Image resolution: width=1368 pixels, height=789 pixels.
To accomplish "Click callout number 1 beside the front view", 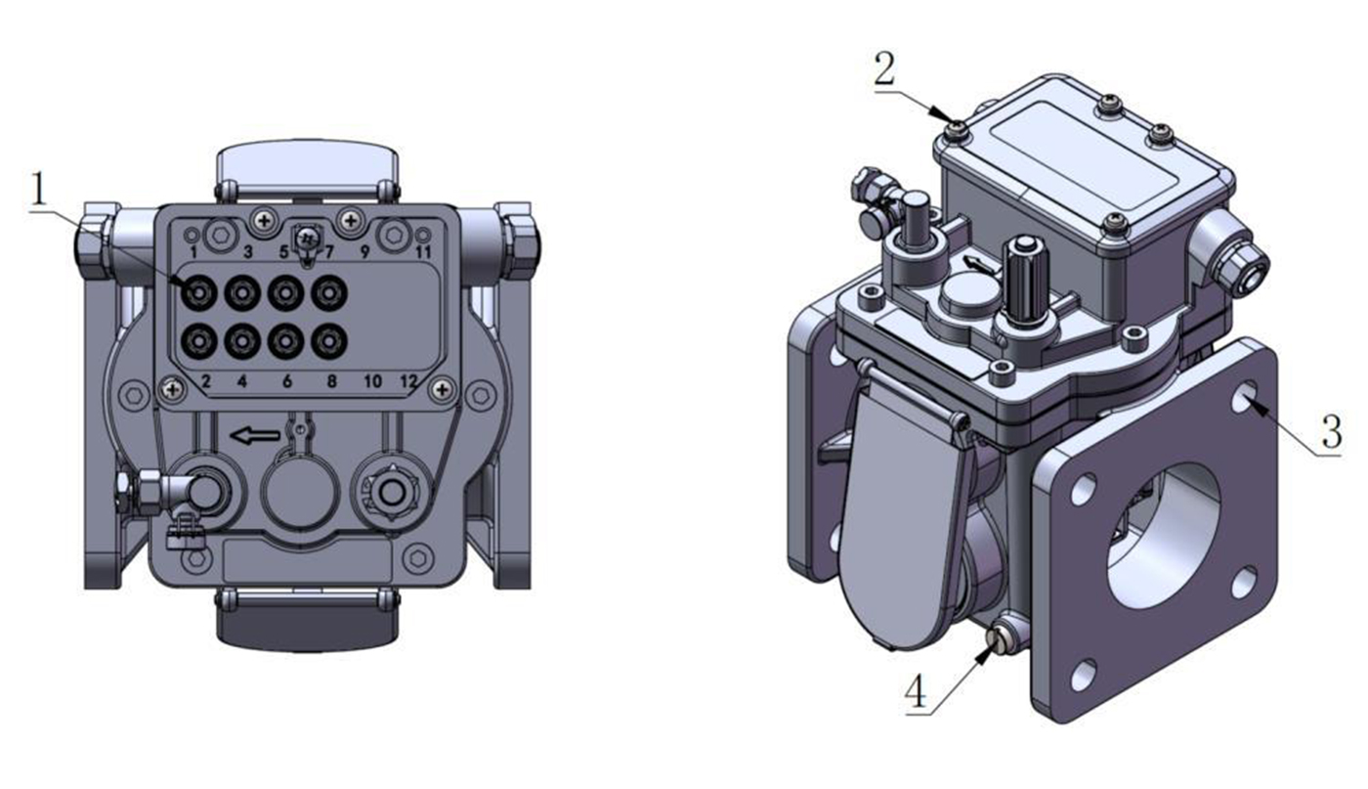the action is click(39, 189).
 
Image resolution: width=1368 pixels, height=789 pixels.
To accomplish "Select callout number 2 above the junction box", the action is click(884, 69).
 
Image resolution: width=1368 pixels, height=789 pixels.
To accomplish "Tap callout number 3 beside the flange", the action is click(1331, 431).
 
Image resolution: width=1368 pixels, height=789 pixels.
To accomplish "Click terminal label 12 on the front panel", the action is click(408, 382).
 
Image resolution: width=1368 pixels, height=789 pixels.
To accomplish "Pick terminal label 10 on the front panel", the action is click(372, 382).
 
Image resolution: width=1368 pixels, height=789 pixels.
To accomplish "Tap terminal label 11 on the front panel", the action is click(423, 252).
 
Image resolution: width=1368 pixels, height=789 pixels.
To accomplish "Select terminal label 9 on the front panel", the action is click(364, 252).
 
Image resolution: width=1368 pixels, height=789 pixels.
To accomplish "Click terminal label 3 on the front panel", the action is click(248, 252).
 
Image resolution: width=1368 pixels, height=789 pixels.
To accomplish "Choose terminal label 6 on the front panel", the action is click(287, 382).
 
